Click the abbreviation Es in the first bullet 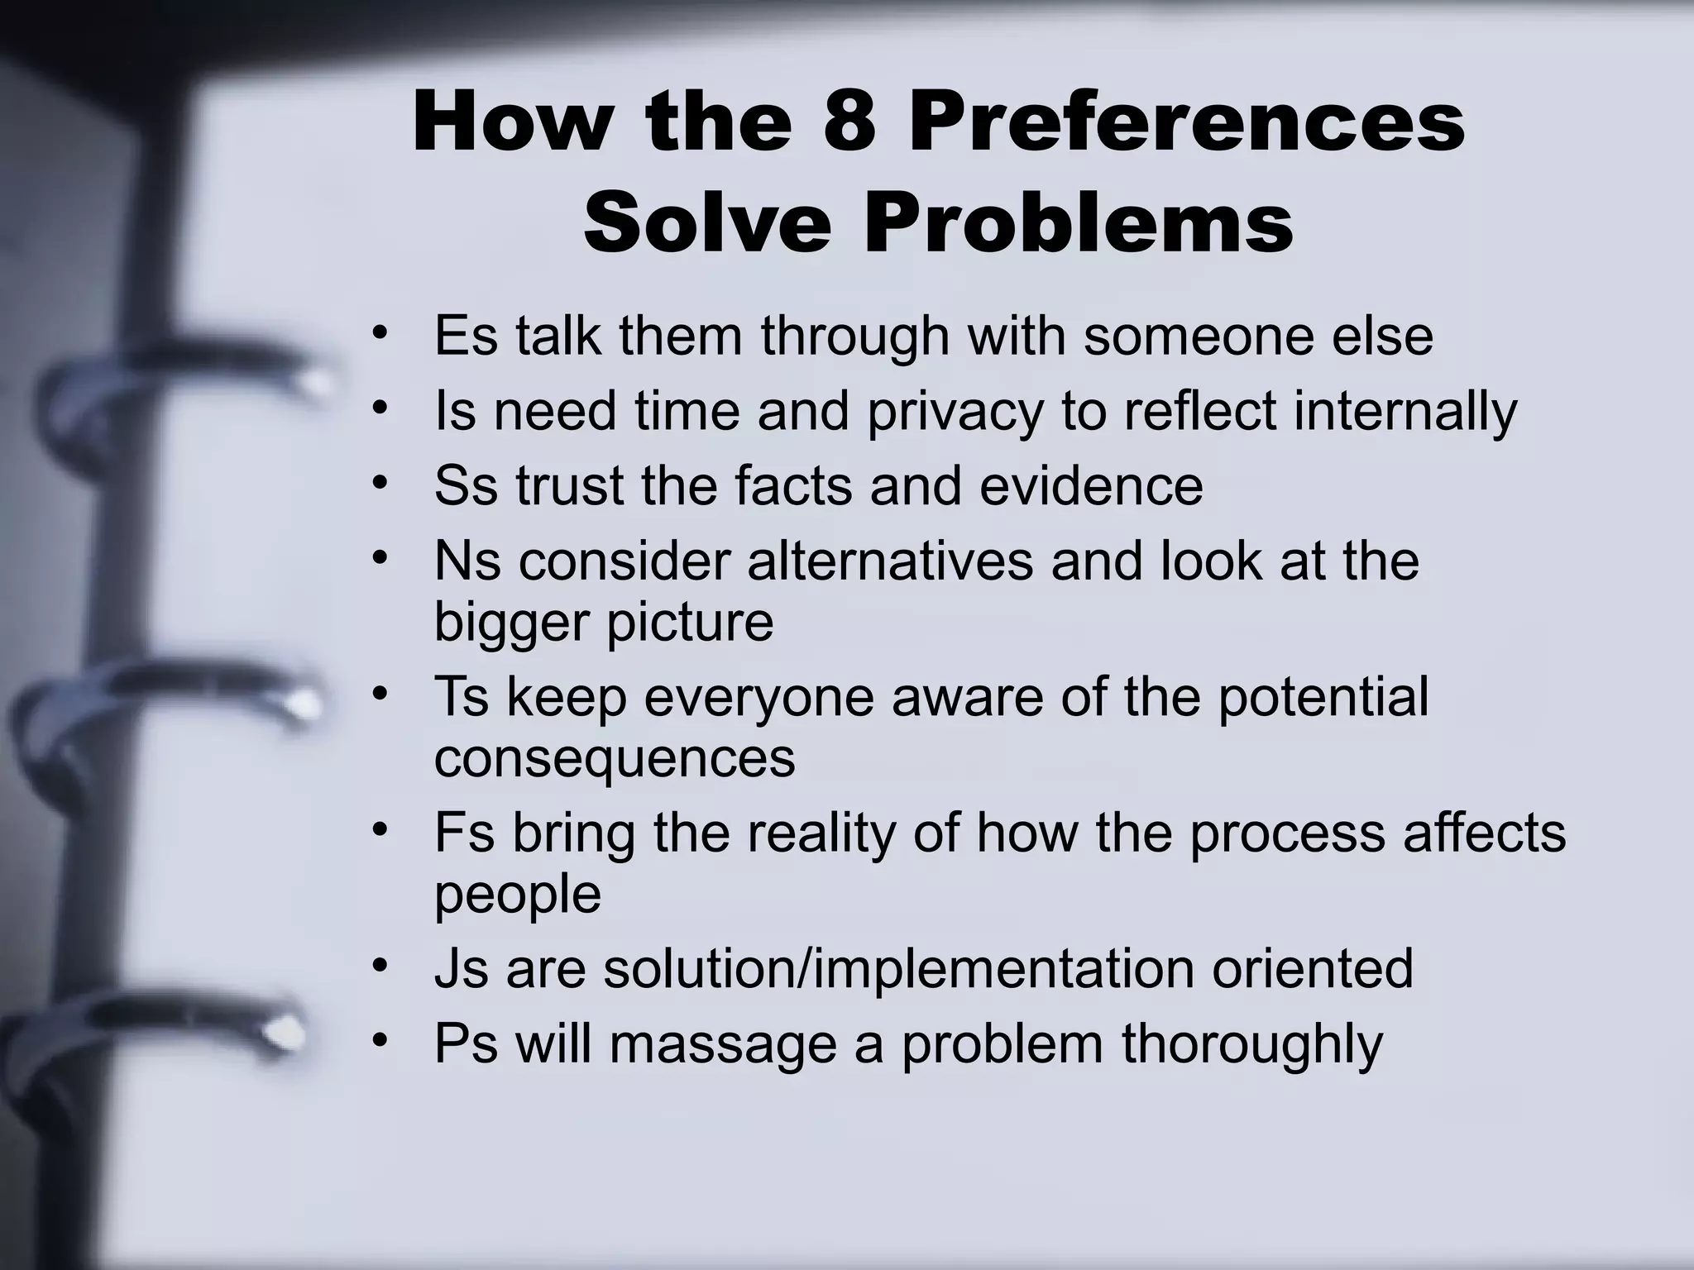coord(466,336)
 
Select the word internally coord(1405,411)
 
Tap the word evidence coord(1091,486)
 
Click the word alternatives coord(890,561)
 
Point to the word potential coord(1323,697)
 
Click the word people coord(517,894)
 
